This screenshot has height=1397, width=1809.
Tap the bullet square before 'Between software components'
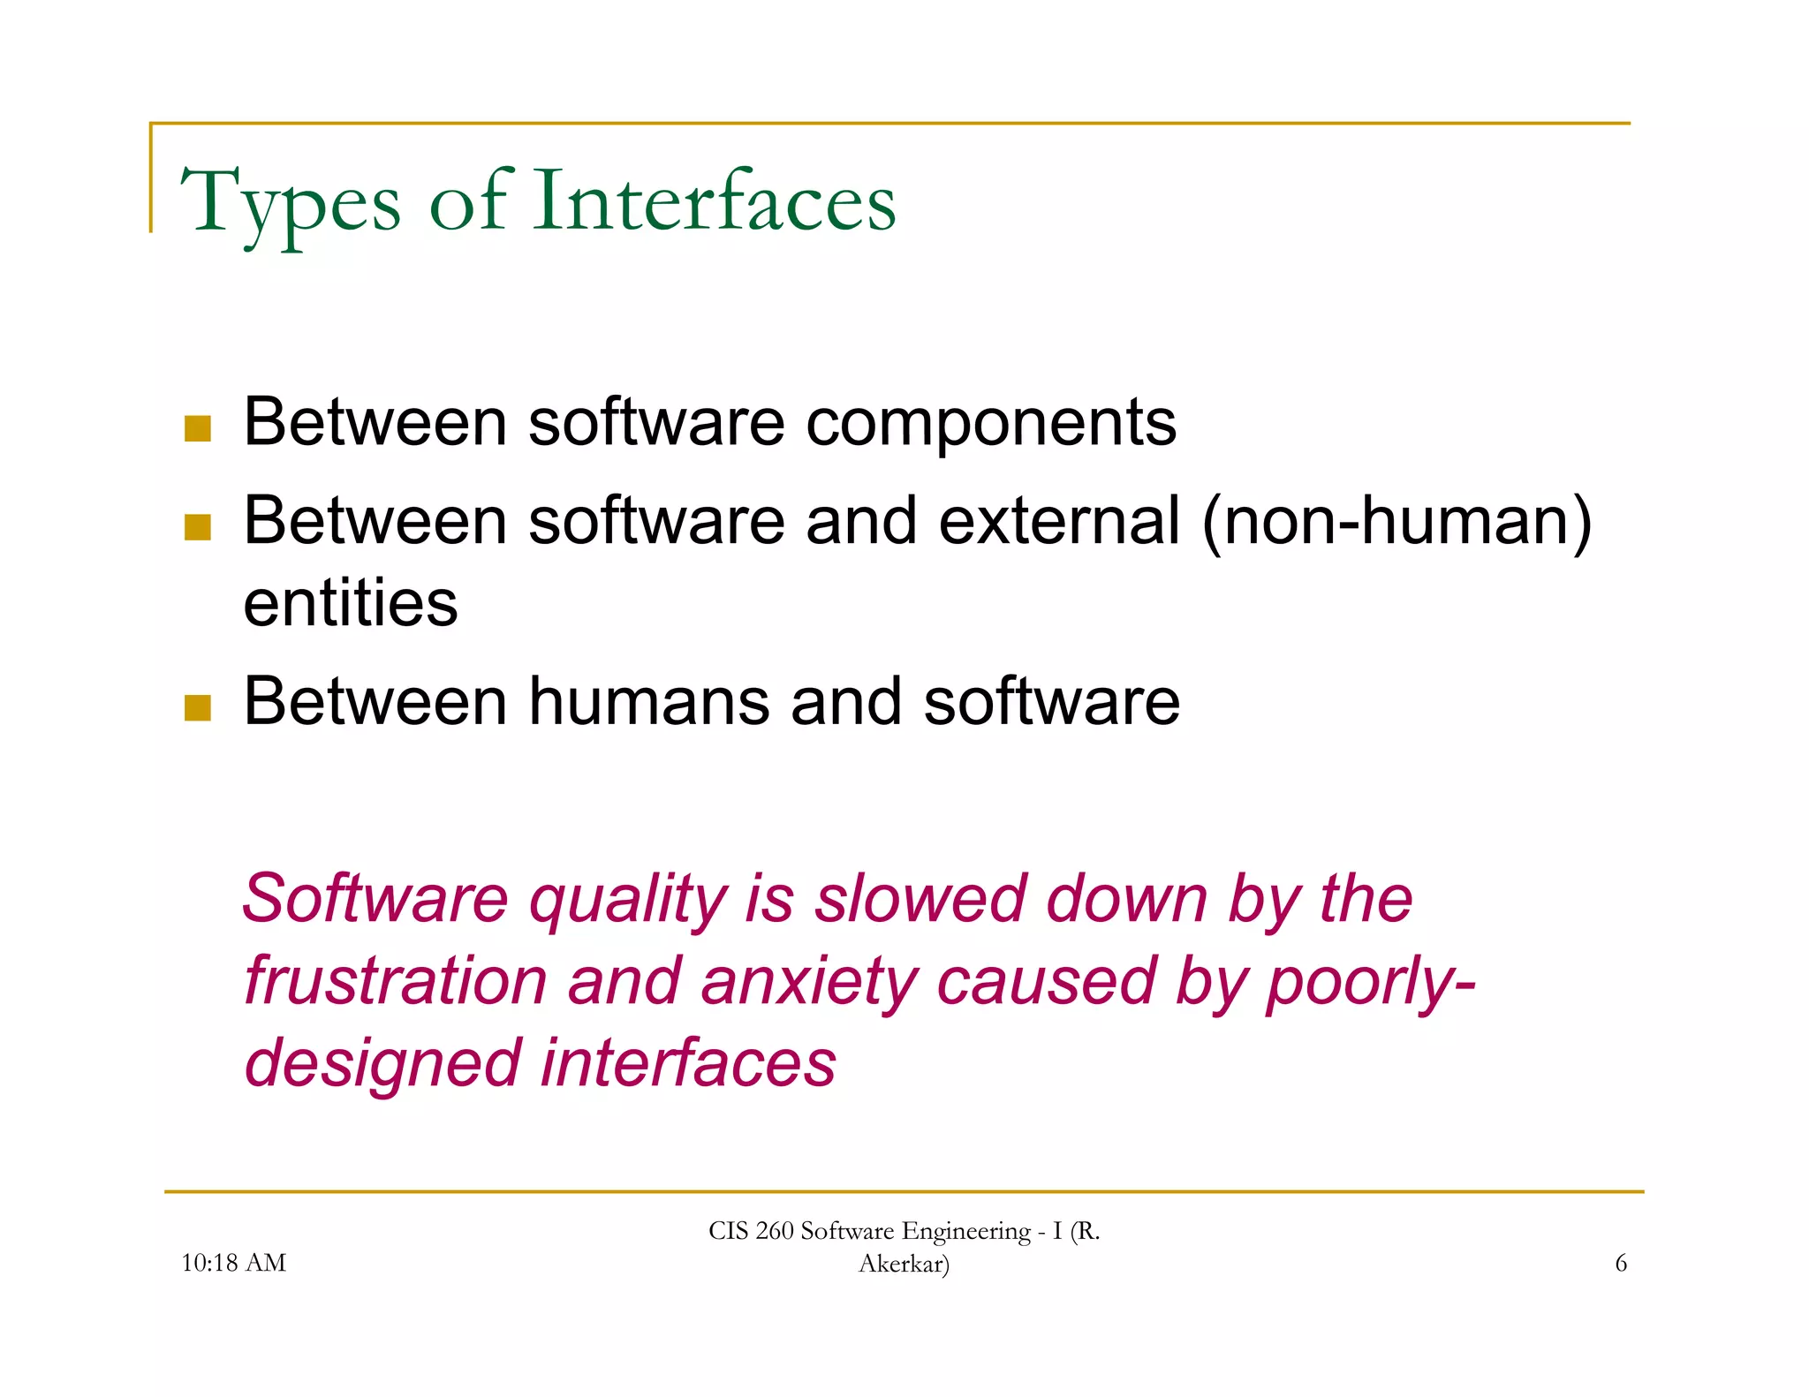click(198, 428)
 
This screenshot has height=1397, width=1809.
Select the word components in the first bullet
click(991, 423)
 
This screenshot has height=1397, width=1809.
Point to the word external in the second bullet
click(1059, 521)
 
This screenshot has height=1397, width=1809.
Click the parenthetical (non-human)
click(1397, 521)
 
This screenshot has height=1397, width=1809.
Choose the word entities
click(351, 603)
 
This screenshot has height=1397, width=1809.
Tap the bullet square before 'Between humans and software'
click(198, 707)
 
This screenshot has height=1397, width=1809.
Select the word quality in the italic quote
click(628, 900)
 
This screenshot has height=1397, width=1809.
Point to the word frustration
click(396, 981)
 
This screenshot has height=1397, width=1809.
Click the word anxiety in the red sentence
click(809, 982)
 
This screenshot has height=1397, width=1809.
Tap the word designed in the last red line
click(382, 1063)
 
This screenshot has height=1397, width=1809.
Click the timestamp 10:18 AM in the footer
click(233, 1263)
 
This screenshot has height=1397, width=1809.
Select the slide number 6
click(1621, 1263)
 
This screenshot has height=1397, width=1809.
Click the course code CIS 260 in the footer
click(751, 1231)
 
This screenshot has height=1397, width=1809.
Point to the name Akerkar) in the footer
click(904, 1264)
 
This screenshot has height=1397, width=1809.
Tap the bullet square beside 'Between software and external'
click(198, 527)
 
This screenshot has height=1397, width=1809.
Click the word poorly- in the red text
click(1370, 982)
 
